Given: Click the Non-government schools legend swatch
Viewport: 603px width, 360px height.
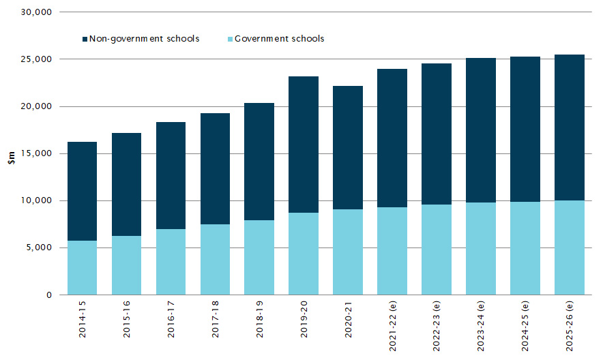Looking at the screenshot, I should [x=86, y=39].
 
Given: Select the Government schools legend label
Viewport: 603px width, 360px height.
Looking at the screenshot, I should [x=279, y=39].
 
